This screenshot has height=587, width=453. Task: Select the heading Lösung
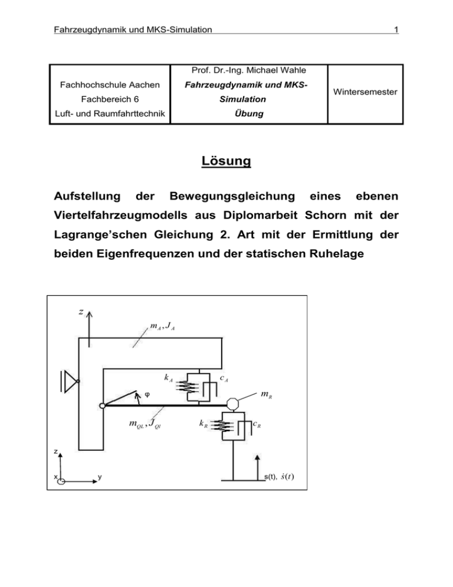[226, 161]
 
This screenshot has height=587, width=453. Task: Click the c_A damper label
[225, 379]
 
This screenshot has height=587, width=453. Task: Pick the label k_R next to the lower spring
[201, 425]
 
